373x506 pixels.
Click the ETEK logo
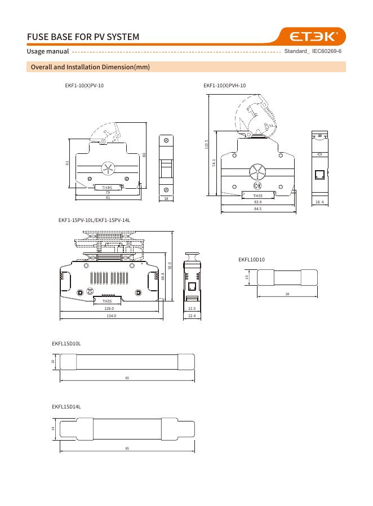312,37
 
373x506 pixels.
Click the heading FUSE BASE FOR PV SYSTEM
83,37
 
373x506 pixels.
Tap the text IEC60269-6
327,51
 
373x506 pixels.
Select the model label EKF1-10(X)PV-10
84,86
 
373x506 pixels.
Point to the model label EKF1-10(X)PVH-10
225,86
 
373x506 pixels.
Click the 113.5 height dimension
207,144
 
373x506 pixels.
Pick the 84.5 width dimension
258,209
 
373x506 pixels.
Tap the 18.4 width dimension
319,202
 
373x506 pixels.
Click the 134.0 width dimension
111,316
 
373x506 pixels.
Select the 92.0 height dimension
170,265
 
